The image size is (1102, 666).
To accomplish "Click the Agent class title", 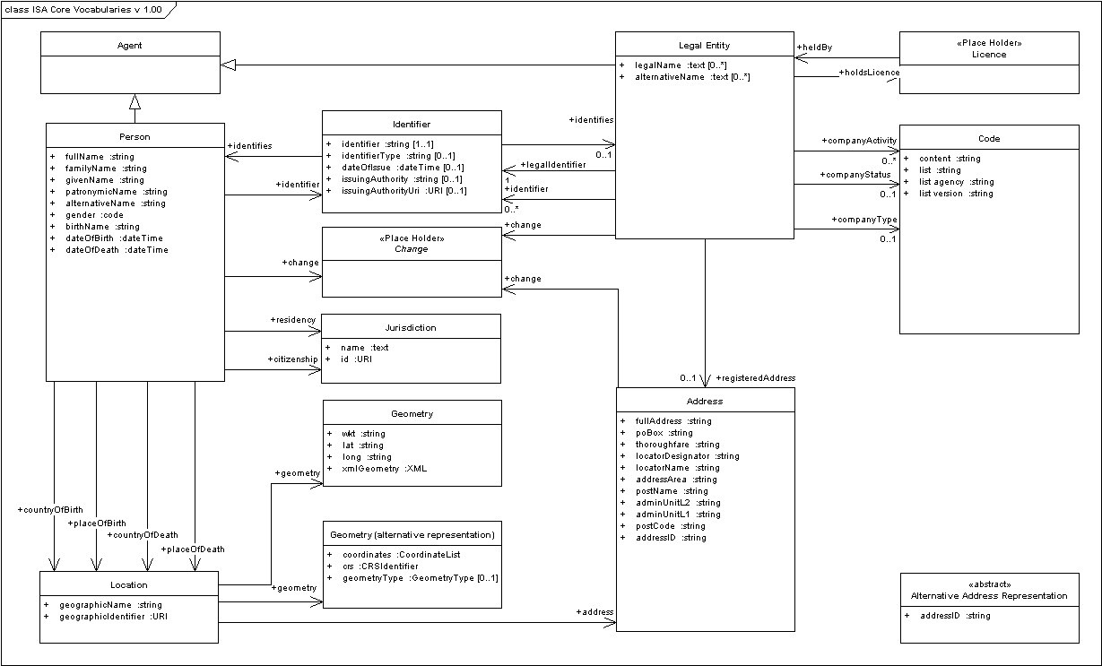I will pos(129,45).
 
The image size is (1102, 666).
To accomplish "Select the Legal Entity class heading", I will pos(704,46).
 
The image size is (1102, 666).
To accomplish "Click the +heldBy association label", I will pos(814,47).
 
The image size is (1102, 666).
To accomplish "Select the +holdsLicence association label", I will pos(869,73).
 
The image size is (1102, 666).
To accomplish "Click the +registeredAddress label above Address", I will pos(755,378).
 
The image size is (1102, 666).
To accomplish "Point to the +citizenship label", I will pos(291,359).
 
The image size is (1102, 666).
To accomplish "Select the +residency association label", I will pos(292,320).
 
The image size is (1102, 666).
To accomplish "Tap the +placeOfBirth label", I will pos(97,523).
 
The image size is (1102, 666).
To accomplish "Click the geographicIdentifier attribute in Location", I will pos(113,617).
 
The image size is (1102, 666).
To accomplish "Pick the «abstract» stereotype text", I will pos(989,584).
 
